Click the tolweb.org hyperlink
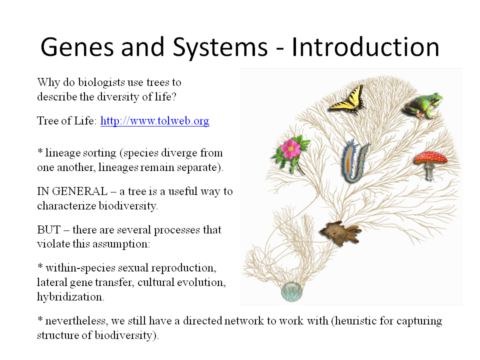tap(154, 121)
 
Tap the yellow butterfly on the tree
tap(347, 99)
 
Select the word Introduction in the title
tap(365, 47)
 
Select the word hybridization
tap(69, 296)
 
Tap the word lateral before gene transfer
tap(50, 282)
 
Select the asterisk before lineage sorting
tap(40, 152)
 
